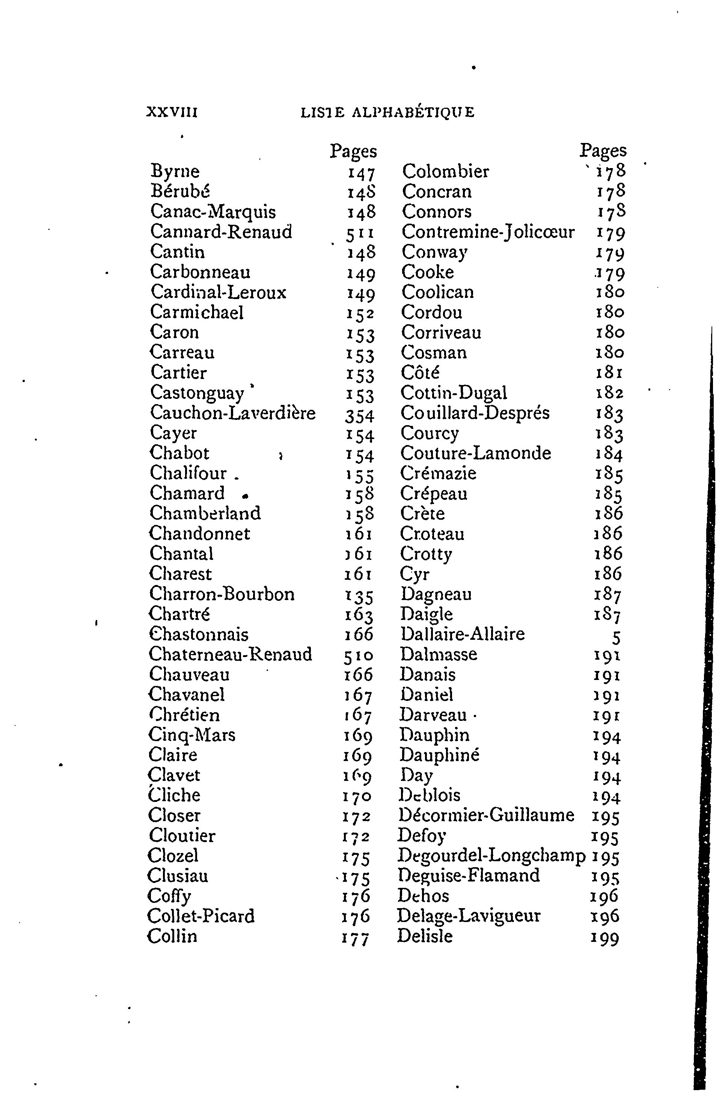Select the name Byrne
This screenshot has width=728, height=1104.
click(175, 172)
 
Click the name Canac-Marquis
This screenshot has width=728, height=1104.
click(213, 212)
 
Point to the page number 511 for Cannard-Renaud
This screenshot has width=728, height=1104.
click(360, 233)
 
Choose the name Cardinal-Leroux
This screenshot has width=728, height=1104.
click(219, 292)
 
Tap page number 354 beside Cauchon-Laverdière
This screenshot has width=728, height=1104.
click(359, 414)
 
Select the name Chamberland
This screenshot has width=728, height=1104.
click(205, 513)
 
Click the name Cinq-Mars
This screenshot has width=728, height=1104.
click(192, 735)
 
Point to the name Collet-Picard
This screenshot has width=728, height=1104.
click(201, 916)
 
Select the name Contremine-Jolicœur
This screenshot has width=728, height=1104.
click(488, 232)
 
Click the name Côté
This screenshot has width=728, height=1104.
click(420, 373)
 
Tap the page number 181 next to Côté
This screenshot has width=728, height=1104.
click(609, 373)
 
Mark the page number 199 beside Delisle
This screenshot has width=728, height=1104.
click(604, 937)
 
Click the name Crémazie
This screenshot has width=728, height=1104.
click(438, 473)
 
